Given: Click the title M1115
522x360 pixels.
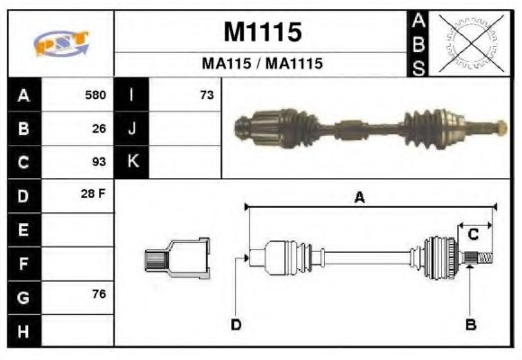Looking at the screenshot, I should tap(262, 32).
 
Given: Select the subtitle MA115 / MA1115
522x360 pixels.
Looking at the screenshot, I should tap(262, 65).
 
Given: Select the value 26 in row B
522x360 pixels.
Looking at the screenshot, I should tap(99, 128).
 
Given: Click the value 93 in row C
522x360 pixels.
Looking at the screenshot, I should tap(99, 162).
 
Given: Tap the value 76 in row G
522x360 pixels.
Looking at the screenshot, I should tap(99, 294).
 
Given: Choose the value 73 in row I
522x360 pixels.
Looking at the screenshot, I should tap(206, 94).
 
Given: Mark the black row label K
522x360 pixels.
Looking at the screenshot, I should tap(131, 162).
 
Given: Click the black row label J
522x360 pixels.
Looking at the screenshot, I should tap(131, 128).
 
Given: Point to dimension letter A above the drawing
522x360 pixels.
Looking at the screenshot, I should tap(359, 198).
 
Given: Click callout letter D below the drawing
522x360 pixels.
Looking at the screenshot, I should tap(236, 325).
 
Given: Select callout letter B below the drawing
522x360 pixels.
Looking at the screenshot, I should tap(470, 325).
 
